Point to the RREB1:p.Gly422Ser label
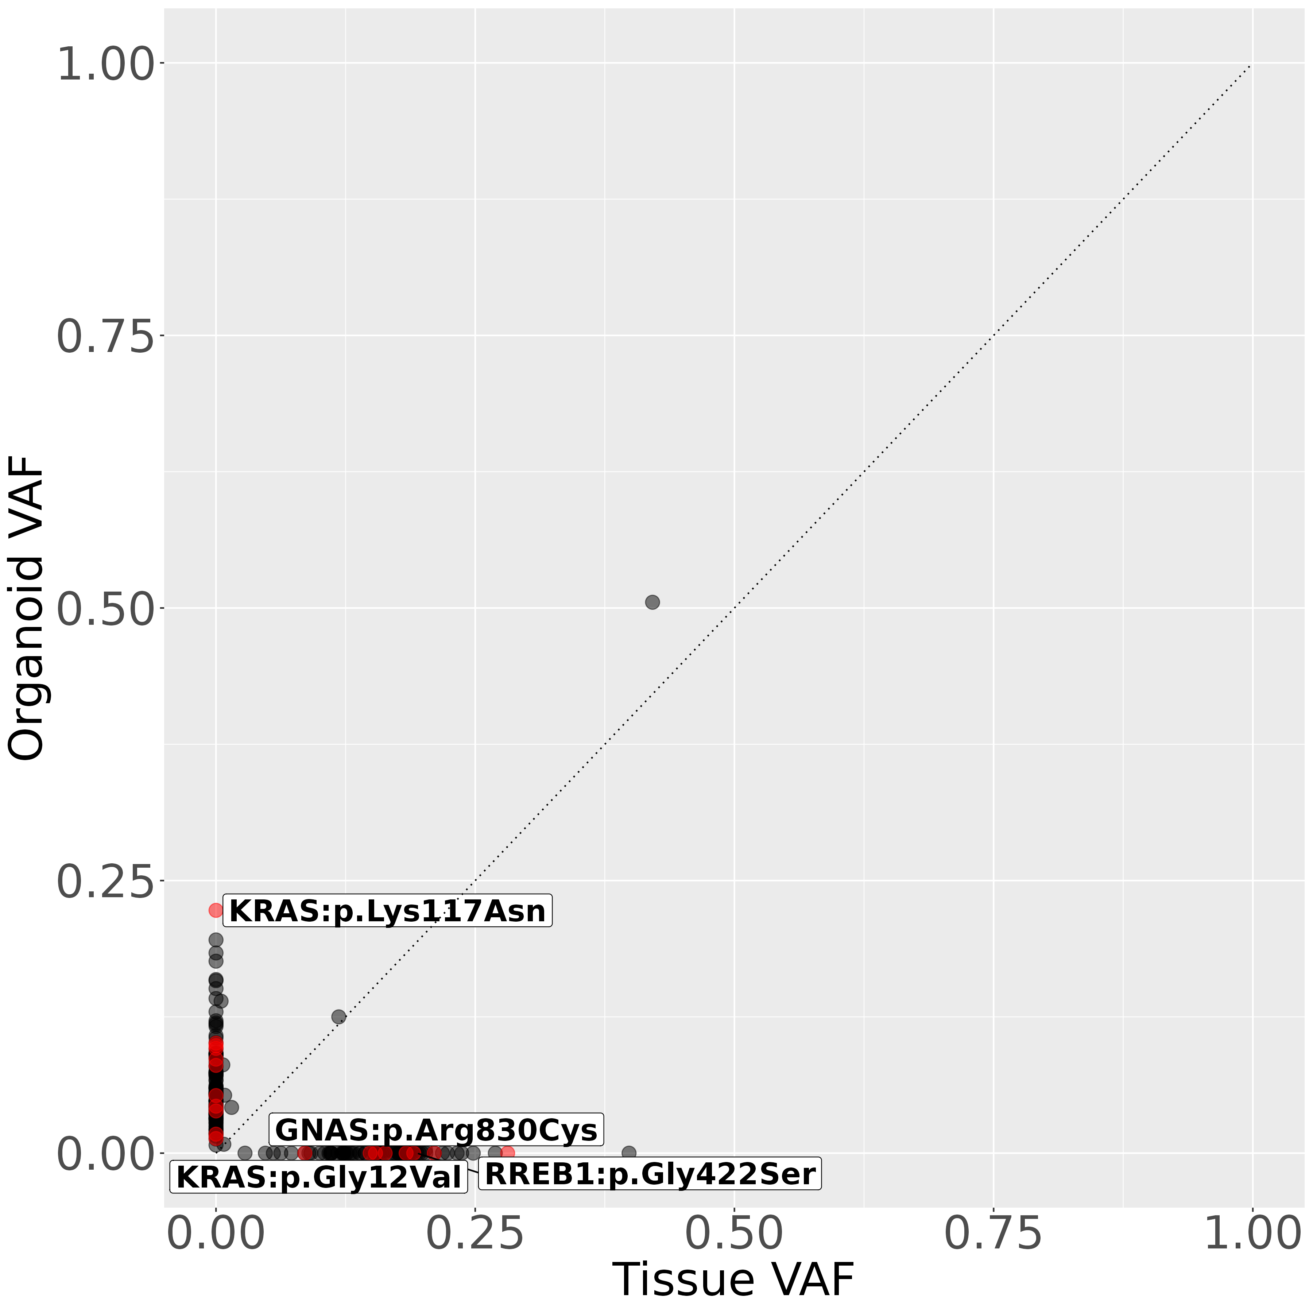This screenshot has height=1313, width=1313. coord(650,1174)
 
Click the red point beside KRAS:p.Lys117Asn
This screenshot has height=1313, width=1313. coord(216,910)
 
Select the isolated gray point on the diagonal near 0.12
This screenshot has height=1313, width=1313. coord(338,1017)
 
